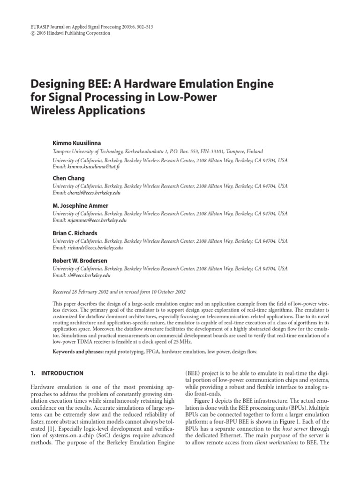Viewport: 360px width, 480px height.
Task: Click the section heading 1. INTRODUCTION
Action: point(57,373)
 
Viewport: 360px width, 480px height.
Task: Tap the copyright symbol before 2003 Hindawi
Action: point(33,33)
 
